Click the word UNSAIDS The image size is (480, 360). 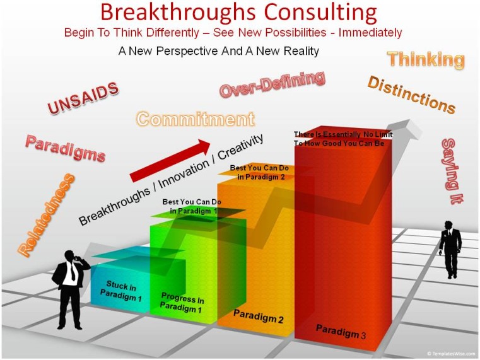[x=83, y=98]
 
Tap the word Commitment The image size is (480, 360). [x=196, y=119]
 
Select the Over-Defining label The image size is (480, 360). [x=272, y=84]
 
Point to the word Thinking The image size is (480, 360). [x=426, y=59]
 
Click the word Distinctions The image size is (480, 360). [x=412, y=95]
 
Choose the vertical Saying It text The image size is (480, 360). [x=452, y=171]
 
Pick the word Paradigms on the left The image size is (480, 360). [x=65, y=148]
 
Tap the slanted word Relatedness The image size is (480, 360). [x=46, y=215]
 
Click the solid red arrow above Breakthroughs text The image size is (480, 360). [x=170, y=160]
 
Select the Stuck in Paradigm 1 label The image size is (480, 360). [x=121, y=291]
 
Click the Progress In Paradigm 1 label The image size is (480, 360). [x=182, y=303]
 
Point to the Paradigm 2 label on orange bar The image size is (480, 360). [x=259, y=316]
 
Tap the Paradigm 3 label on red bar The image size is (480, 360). [x=341, y=332]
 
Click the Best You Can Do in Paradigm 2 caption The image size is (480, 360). [x=260, y=172]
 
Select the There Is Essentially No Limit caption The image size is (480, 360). [x=343, y=139]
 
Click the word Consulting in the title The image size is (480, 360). [x=320, y=12]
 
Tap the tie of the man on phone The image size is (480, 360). [x=73, y=272]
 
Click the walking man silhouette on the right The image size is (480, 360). [x=450, y=250]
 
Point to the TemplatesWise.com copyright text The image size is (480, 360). [x=451, y=354]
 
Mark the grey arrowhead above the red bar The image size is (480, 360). [x=404, y=128]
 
